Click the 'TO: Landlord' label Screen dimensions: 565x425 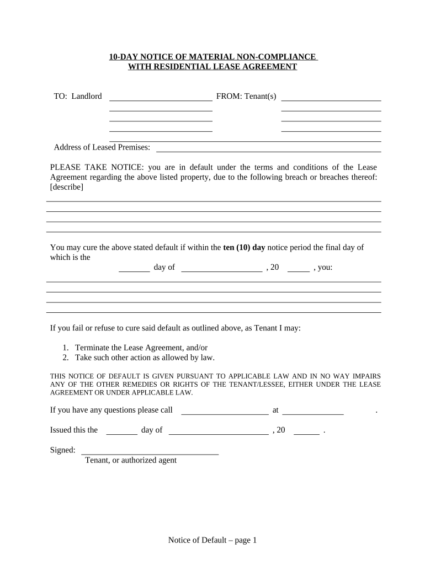click(78, 96)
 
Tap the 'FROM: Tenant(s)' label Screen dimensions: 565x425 click(246, 96)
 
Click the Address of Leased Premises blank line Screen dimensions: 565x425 click(269, 150)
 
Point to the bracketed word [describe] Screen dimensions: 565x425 click(67, 187)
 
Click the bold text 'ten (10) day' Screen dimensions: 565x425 click(244, 247)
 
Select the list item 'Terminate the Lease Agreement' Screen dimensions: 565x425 click(141, 348)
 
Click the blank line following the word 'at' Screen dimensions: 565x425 click(313, 413)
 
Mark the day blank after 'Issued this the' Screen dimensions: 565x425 click(121, 433)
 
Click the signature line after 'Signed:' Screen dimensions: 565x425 click(150, 453)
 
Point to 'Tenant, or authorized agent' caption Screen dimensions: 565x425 click(131, 460)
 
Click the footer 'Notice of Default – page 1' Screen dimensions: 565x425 click(212, 541)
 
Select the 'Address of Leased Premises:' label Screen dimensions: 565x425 click(102, 147)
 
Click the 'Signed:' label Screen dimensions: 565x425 click(63, 450)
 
